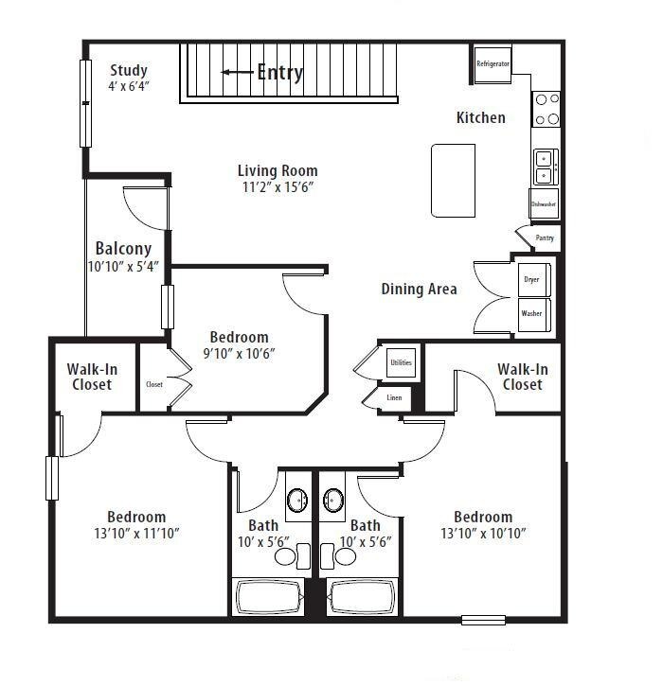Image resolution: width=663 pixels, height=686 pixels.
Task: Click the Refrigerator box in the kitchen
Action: [493, 64]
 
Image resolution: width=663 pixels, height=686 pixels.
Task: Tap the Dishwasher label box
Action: [544, 203]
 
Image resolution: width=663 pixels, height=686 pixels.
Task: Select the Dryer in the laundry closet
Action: [531, 280]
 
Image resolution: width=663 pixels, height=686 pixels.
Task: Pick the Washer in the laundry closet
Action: [531, 313]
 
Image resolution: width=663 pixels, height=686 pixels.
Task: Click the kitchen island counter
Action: [454, 180]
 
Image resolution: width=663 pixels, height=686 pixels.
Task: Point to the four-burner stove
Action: [547, 109]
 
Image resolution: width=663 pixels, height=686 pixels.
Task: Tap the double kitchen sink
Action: [545, 167]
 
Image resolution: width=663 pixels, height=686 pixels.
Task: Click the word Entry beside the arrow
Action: [280, 72]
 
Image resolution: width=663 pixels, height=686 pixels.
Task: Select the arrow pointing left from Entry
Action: [237, 72]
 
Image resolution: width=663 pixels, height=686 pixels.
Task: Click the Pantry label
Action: [544, 238]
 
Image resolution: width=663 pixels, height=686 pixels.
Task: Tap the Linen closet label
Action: [394, 398]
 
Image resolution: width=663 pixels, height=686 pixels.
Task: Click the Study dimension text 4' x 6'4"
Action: [130, 86]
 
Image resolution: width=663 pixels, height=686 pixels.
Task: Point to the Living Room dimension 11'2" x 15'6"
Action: [277, 187]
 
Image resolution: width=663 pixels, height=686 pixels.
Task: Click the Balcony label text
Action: [123, 249]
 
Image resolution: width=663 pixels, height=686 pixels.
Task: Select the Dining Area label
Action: [419, 289]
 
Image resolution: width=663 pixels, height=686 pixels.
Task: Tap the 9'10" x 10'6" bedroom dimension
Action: [239, 354]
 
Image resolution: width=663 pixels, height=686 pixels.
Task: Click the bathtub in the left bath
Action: [269, 597]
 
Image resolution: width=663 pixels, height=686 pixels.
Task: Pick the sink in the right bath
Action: [332, 500]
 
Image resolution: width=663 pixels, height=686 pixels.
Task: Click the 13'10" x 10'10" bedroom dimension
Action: [482, 534]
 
